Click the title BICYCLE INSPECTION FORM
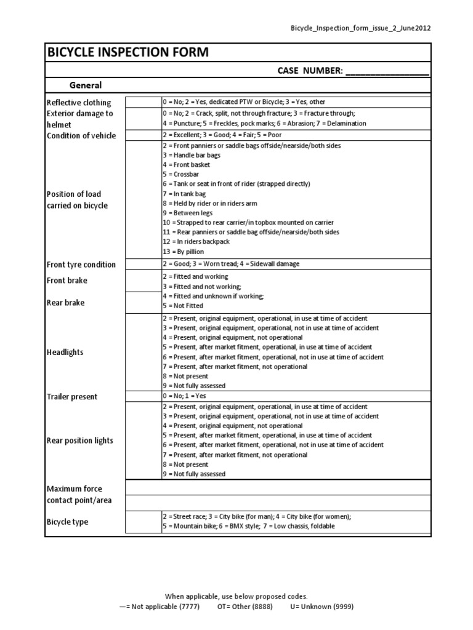[x=128, y=53]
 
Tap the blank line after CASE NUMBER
[x=387, y=71]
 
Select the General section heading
[x=86, y=86]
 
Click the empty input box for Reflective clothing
[x=144, y=102]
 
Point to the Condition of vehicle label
[x=81, y=135]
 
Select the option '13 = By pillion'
[x=183, y=251]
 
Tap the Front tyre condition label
[x=81, y=265]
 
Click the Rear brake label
[x=66, y=303]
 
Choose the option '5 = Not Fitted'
[x=182, y=305]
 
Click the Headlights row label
[x=65, y=353]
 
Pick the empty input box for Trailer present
[x=144, y=396]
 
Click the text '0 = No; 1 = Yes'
[x=184, y=396]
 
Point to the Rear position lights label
[x=80, y=441]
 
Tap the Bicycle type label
[x=68, y=522]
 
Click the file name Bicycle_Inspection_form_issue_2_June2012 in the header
[x=360, y=28]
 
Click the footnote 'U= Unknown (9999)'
[x=321, y=606]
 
